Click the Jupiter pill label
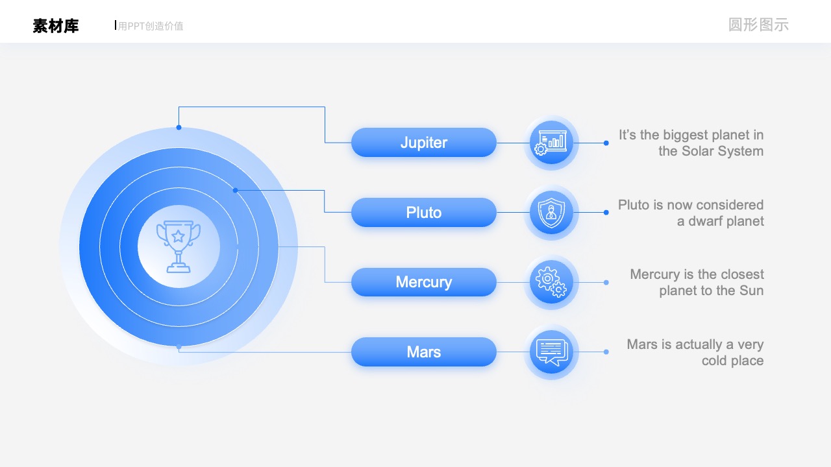click(424, 142)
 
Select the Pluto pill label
click(424, 212)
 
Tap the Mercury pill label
click(424, 282)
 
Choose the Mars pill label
click(424, 352)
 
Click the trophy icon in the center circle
click(179, 246)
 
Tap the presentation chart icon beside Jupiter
click(551, 142)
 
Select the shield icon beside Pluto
click(551, 212)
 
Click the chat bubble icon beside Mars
click(552, 352)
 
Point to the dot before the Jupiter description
click(606, 143)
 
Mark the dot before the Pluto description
click(606, 212)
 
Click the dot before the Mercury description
click(606, 282)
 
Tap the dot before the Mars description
click(606, 352)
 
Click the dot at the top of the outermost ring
click(179, 128)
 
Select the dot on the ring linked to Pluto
click(235, 190)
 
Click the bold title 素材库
click(56, 26)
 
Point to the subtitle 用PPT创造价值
click(151, 26)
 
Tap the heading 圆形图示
click(758, 25)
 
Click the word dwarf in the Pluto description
click(704, 221)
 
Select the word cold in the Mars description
click(714, 361)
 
